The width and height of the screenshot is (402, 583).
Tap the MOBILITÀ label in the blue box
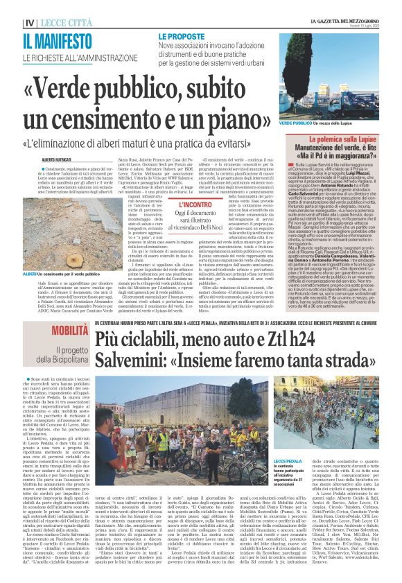69,330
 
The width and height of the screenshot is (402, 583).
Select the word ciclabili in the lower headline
144,340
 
